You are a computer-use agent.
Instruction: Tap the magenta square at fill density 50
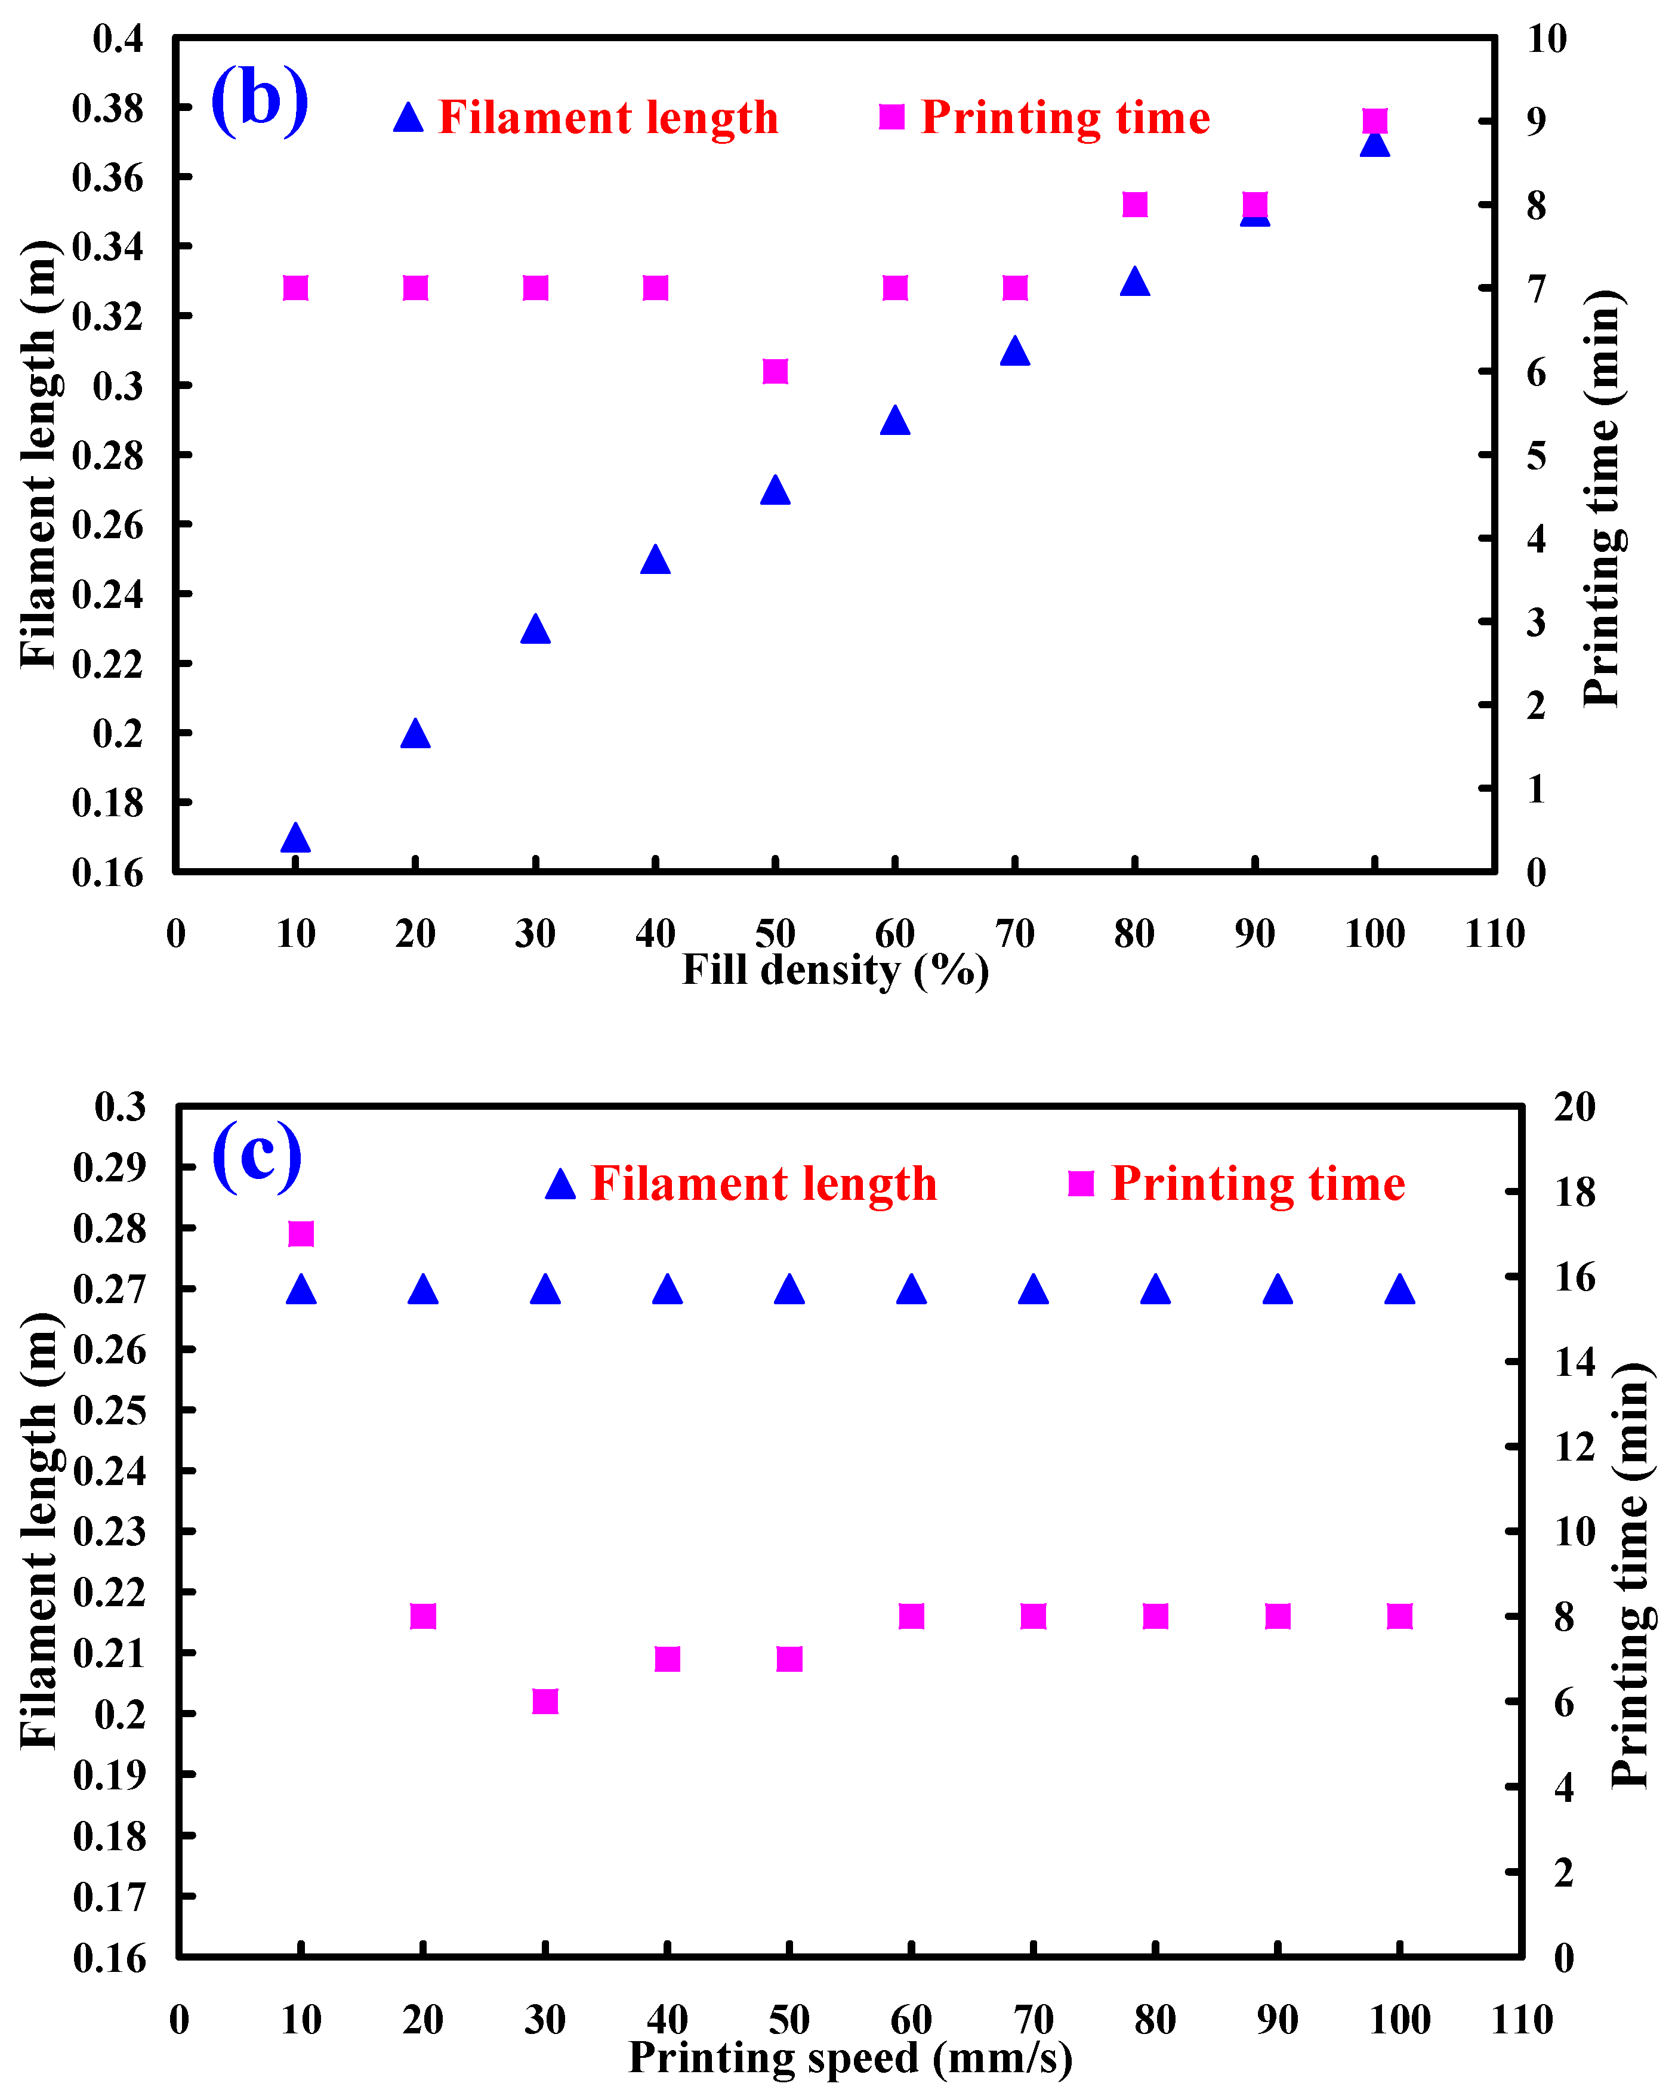(x=775, y=371)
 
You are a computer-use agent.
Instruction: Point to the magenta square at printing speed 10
(x=301, y=1233)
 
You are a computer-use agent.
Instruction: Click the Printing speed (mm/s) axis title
(x=850, y=2057)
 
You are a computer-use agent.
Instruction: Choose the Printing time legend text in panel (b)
(x=1065, y=118)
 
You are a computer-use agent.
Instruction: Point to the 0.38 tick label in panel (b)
(x=107, y=108)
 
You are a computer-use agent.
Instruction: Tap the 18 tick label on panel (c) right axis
(x=1575, y=1192)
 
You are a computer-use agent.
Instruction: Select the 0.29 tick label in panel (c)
(x=109, y=1166)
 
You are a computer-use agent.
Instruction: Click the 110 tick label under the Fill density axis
(x=1494, y=934)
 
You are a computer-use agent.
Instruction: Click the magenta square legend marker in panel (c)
(x=1081, y=1183)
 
